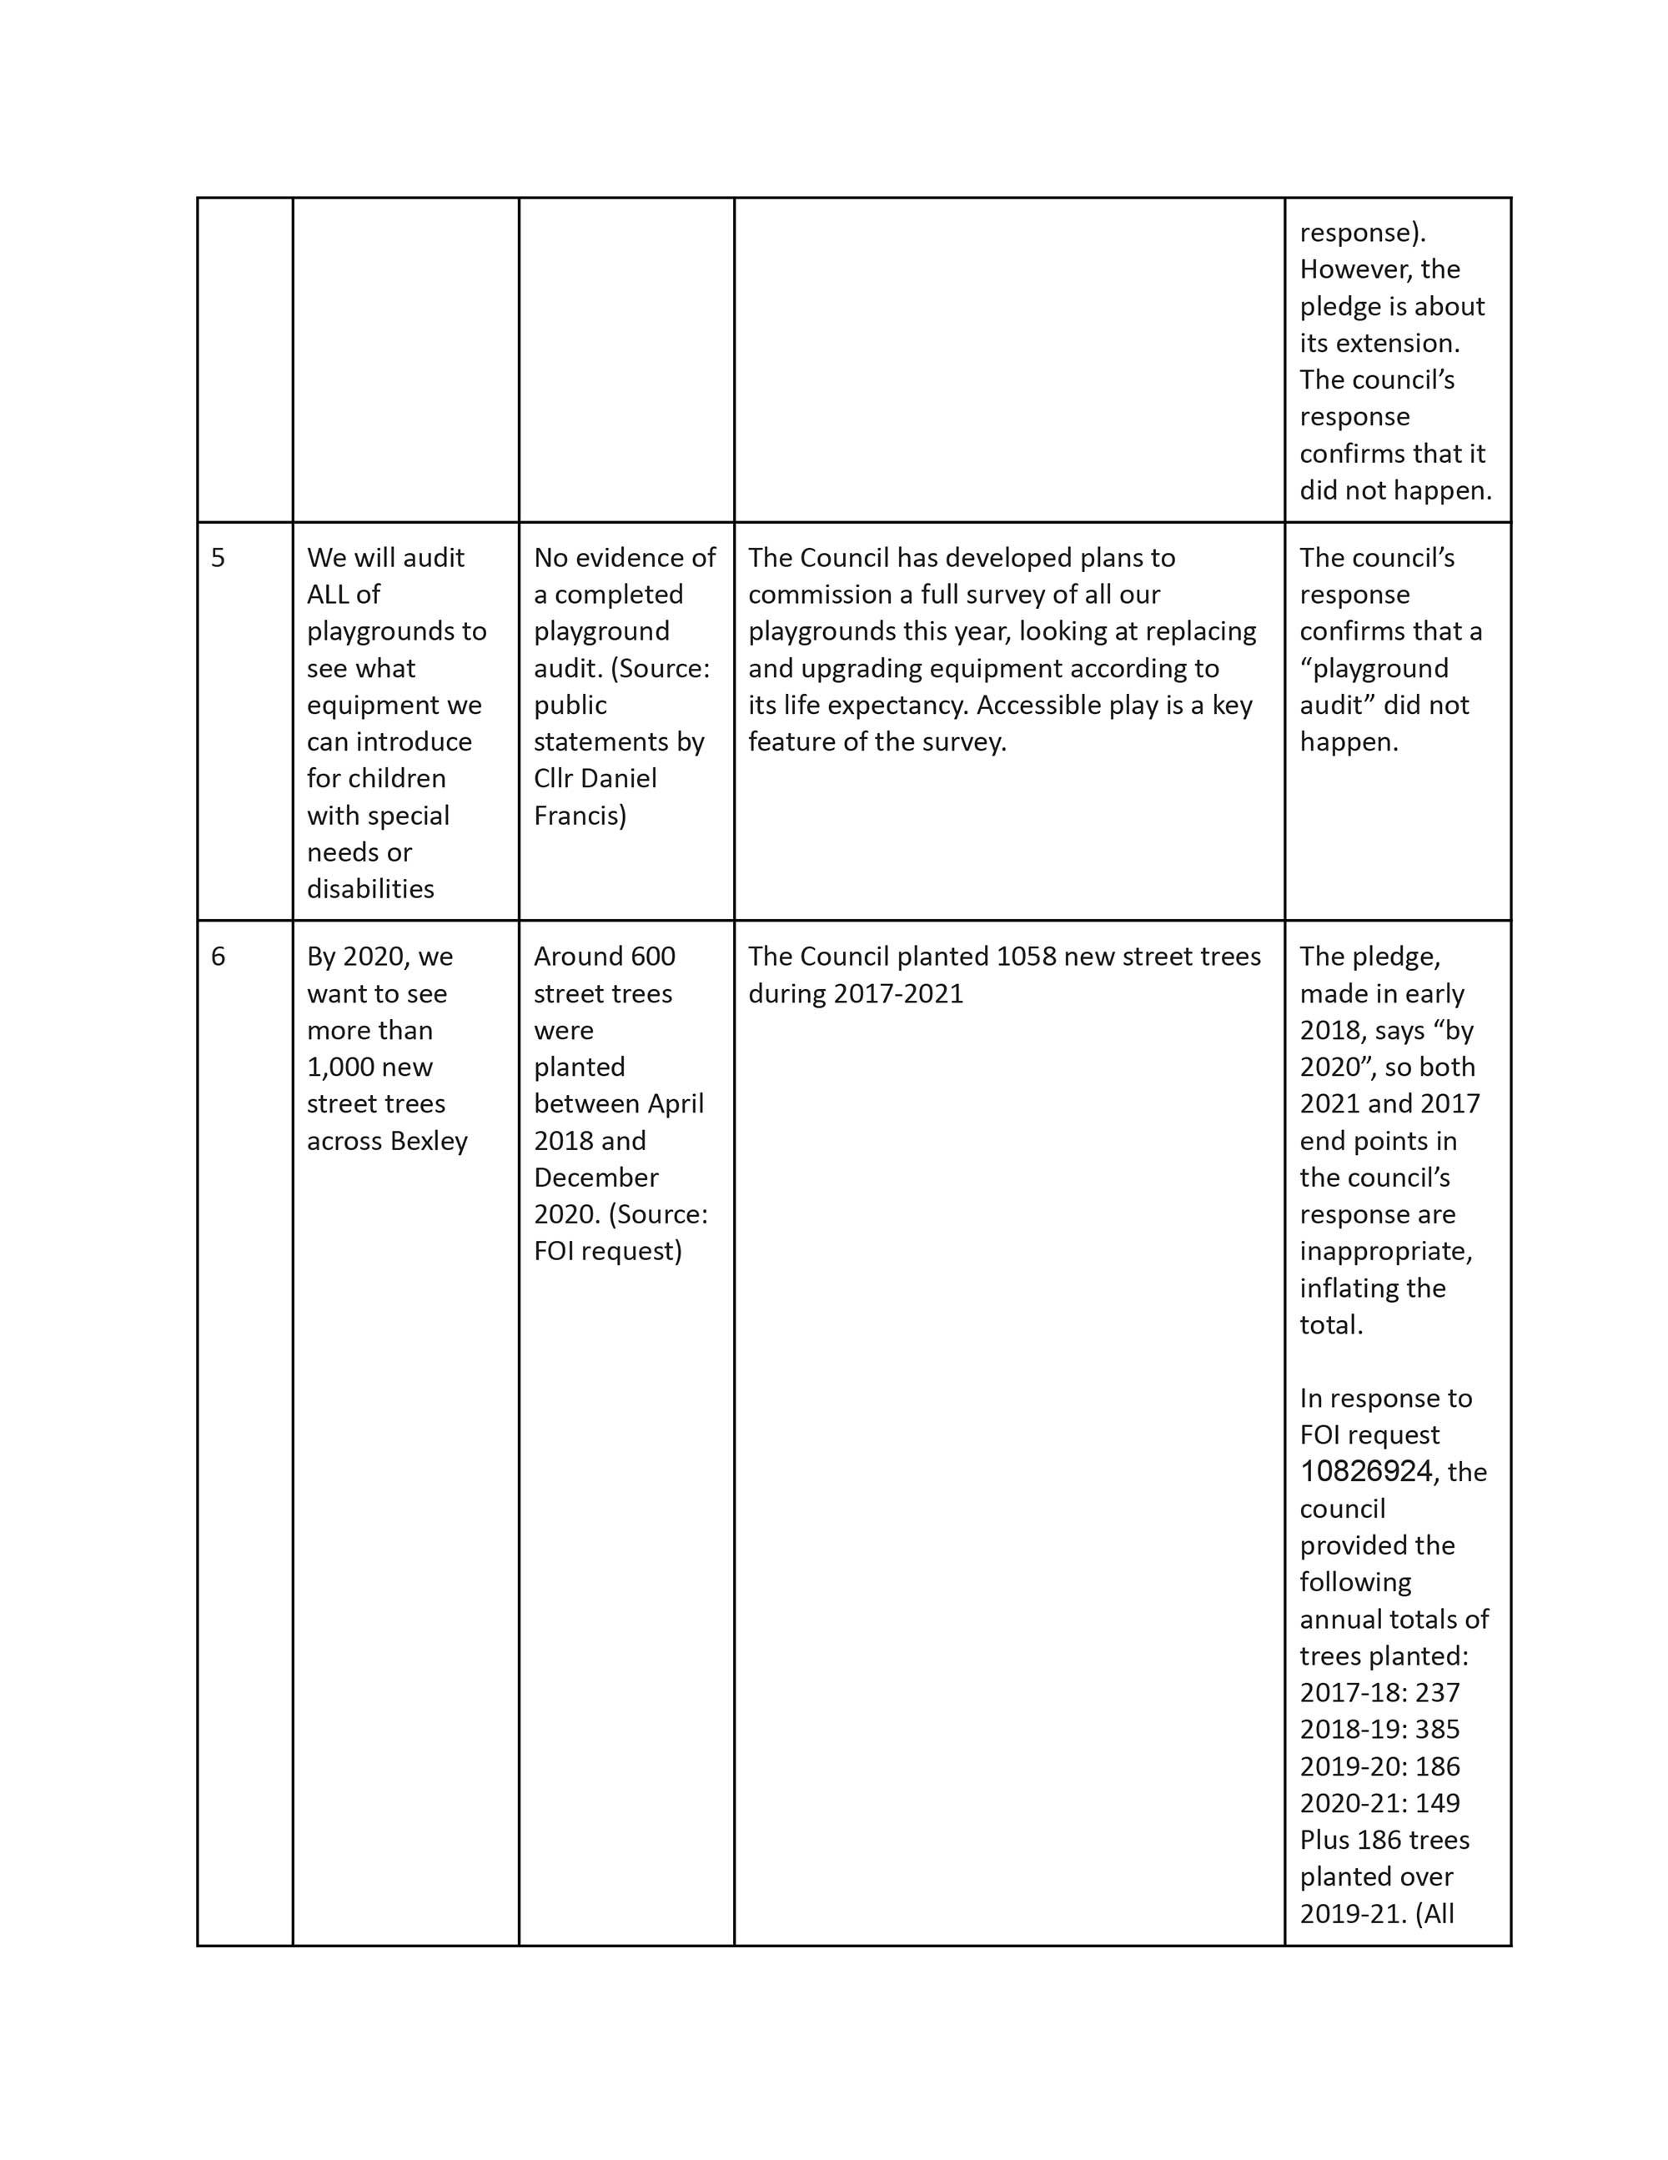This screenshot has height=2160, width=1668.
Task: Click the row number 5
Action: click(218, 558)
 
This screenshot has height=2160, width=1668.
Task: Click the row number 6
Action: click(218, 957)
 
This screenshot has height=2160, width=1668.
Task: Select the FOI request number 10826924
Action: click(1365, 1472)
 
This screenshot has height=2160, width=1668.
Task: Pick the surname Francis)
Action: click(580, 816)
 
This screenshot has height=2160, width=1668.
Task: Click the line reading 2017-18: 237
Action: click(1379, 1692)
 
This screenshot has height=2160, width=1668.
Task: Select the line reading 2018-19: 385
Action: click(1379, 1729)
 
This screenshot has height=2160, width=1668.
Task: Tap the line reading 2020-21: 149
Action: click(1379, 1803)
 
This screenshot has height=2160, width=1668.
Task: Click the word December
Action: click(595, 1178)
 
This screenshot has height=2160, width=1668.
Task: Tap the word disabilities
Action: click(370, 889)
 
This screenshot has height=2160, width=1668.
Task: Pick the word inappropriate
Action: click(1385, 1251)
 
